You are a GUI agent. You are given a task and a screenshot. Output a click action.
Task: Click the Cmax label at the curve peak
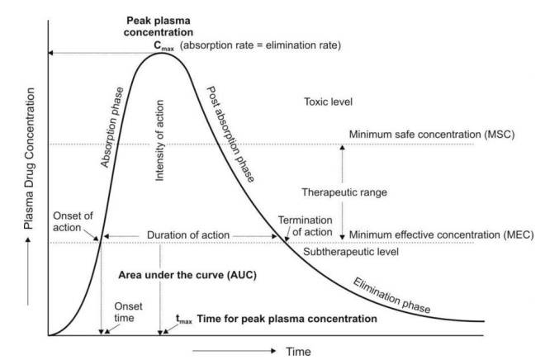(163, 46)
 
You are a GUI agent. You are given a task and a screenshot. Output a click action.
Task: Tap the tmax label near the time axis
(184, 320)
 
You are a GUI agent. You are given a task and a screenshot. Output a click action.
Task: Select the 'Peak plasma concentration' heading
(159, 26)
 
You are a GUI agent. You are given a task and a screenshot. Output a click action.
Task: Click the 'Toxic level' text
(328, 102)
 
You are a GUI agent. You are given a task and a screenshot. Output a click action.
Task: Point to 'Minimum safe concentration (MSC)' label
(432, 135)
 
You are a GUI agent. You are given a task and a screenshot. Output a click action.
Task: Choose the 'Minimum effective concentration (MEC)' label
(442, 234)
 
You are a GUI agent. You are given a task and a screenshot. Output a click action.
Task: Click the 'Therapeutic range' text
(344, 192)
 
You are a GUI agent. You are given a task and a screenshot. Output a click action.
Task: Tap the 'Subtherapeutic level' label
(351, 252)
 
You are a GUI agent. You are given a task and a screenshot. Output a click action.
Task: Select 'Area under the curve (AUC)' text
(187, 275)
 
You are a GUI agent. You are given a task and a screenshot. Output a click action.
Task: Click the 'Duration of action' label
(188, 235)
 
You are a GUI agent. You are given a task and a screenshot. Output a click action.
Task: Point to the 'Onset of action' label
(73, 222)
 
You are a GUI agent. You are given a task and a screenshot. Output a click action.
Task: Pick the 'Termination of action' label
(306, 226)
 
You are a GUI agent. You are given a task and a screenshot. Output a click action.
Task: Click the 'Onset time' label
(128, 312)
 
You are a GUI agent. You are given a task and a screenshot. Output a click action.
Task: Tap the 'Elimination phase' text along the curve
(391, 296)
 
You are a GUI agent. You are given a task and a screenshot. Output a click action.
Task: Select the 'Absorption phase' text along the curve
(112, 127)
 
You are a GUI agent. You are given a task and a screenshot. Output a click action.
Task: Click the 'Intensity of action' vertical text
(159, 140)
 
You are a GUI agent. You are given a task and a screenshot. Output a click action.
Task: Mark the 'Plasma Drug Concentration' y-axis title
(29, 159)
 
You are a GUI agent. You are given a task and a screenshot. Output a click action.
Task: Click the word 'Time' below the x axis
(298, 351)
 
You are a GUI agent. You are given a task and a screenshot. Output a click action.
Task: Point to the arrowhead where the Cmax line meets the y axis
(50, 53)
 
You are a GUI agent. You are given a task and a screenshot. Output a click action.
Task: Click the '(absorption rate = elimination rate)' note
(260, 45)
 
